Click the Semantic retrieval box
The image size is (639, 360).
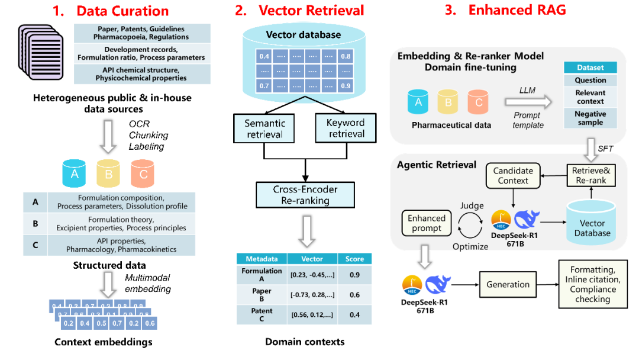(264, 128)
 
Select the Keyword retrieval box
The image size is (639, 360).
(346, 128)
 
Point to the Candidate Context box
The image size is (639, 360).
(513, 175)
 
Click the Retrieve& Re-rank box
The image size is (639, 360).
(589, 175)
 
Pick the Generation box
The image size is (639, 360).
(508, 284)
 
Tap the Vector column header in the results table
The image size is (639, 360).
(312, 259)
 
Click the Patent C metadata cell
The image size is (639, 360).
(262, 315)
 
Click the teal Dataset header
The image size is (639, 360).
(590, 67)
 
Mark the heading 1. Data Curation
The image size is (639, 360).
(111, 11)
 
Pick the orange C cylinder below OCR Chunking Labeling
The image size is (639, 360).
(143, 174)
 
